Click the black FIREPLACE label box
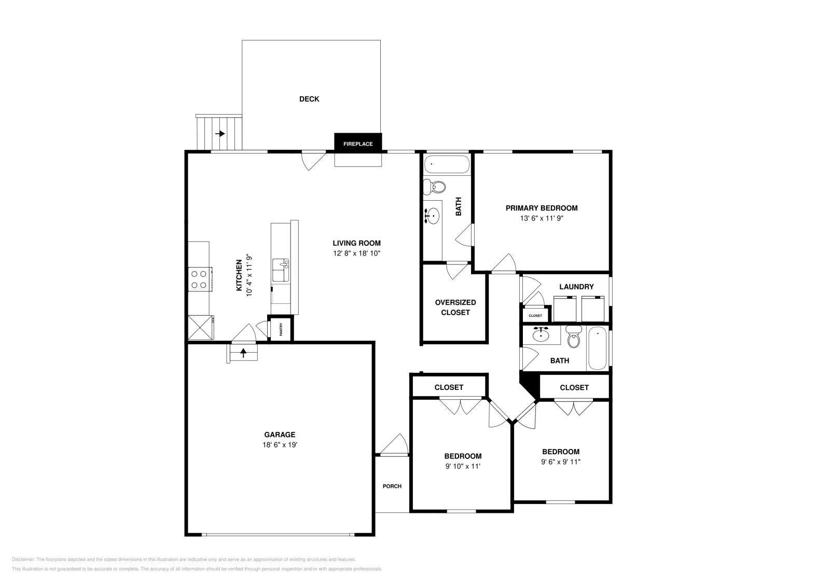point(358,144)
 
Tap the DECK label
point(309,99)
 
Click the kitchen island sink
point(281,270)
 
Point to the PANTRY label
point(281,329)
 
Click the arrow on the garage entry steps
point(243,353)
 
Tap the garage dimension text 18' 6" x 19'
point(280,445)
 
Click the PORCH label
point(392,486)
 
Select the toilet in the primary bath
point(435,186)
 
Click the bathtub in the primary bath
point(446,165)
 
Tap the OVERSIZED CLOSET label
point(455,307)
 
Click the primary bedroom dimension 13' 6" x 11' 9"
point(541,218)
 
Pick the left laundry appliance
point(564,309)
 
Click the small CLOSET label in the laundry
point(535,315)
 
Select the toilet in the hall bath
point(573,338)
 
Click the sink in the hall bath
point(541,335)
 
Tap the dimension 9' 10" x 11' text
point(463,466)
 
